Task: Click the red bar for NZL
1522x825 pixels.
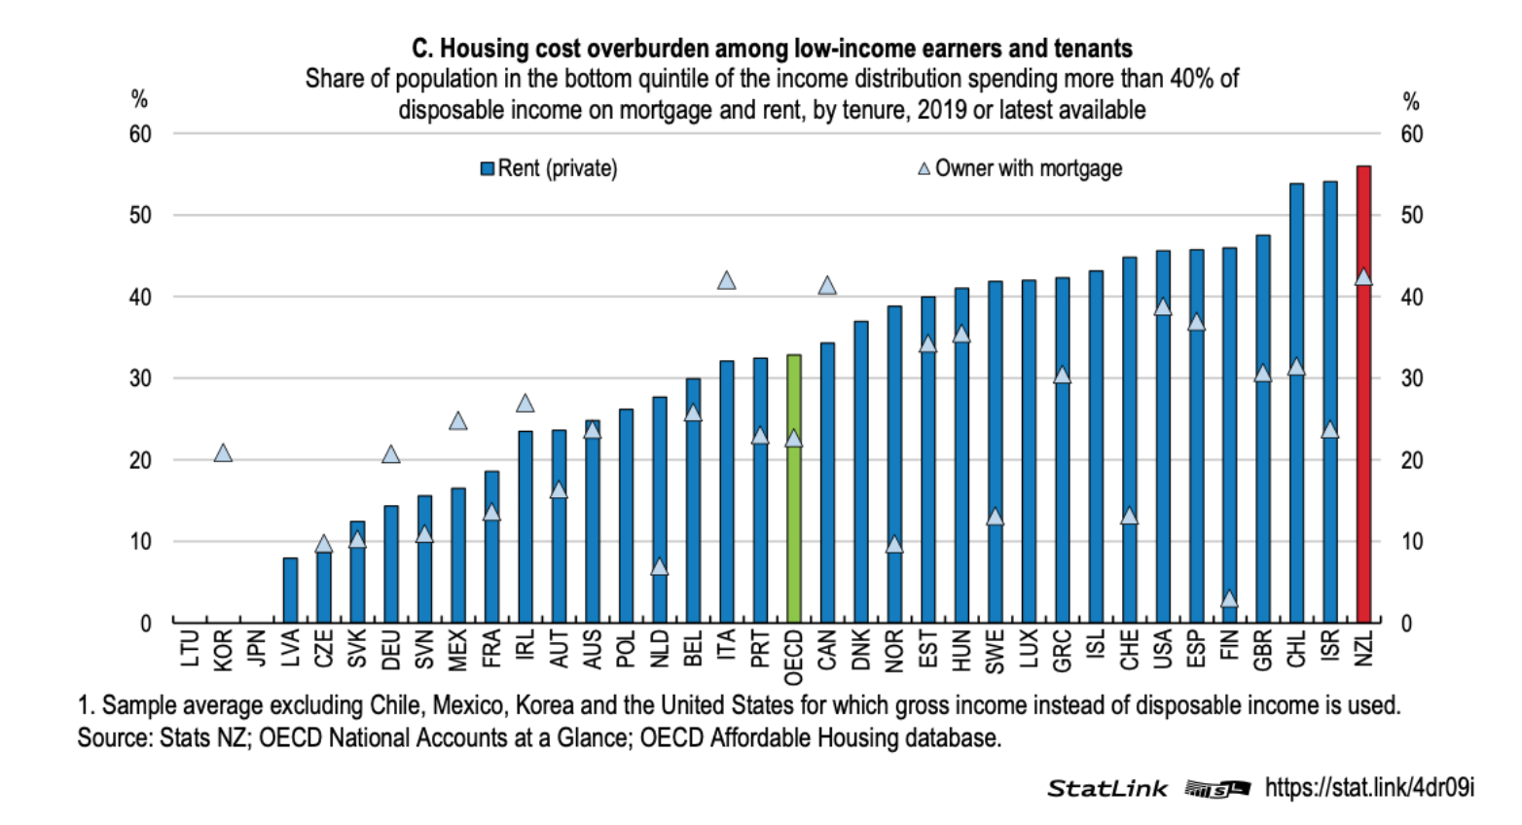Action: (1363, 394)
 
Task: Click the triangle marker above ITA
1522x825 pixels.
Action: (726, 280)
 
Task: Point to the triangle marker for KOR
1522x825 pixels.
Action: (223, 452)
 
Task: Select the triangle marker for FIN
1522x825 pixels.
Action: (1229, 598)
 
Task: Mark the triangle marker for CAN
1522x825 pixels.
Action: (827, 285)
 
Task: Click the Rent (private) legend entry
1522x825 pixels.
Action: (550, 168)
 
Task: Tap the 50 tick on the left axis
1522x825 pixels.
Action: (141, 215)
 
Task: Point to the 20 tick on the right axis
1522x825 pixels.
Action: (1411, 460)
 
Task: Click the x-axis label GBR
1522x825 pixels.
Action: (1263, 649)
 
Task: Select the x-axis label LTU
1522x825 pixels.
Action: (190, 649)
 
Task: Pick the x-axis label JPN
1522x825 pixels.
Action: (257, 649)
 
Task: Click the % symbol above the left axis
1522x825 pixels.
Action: (140, 99)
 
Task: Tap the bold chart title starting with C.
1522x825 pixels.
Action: (772, 49)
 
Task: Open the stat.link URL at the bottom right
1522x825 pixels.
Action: (1369, 787)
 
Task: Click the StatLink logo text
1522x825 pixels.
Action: (1106, 788)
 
